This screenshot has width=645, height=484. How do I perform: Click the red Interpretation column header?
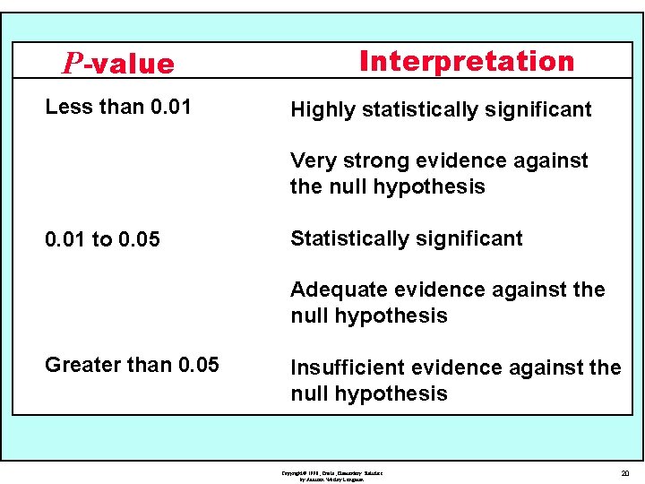point(466,61)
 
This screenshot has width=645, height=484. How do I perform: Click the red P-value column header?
point(118,64)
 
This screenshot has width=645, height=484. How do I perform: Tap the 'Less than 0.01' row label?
point(117,107)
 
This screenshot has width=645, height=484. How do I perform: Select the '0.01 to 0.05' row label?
point(102,239)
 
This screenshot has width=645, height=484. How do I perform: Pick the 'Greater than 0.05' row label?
point(132,365)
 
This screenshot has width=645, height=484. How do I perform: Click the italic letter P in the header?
point(73,64)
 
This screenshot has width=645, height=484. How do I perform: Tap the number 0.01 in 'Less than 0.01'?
point(171,107)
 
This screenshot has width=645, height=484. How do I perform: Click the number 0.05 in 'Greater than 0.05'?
point(198,365)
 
